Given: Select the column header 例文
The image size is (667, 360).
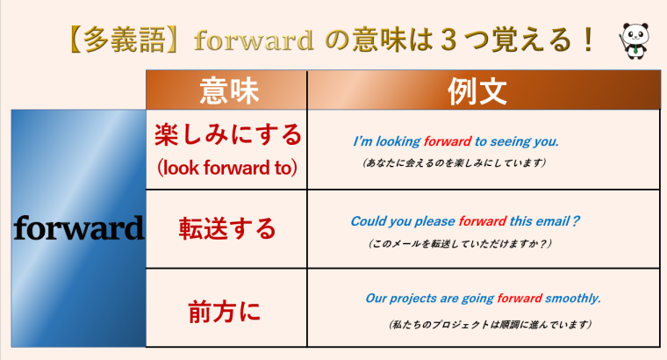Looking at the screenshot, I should tap(484, 90).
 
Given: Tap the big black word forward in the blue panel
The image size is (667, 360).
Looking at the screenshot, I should tap(78, 229).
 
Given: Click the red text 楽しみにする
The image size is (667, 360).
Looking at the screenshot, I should tap(226, 135).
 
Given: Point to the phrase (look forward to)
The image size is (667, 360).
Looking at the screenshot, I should tap(226, 166).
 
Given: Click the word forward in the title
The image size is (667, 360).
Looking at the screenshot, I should tap(253, 40).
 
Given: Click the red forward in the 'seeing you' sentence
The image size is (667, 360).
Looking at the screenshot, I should tap(448, 140).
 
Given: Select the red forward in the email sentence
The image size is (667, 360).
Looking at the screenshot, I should tap(483, 221).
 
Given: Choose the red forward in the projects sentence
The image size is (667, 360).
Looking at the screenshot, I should tap(520, 298).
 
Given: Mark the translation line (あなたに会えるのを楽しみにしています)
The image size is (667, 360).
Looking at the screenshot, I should tap(455, 162).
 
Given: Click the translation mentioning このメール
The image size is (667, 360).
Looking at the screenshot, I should tap(462, 242).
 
